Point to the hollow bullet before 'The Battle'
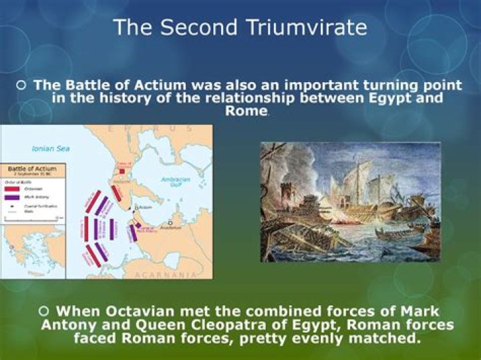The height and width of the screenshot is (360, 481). tap(22, 85)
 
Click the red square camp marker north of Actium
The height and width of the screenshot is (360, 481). tap(122, 171)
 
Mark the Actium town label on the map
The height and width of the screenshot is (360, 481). tap(146, 208)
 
